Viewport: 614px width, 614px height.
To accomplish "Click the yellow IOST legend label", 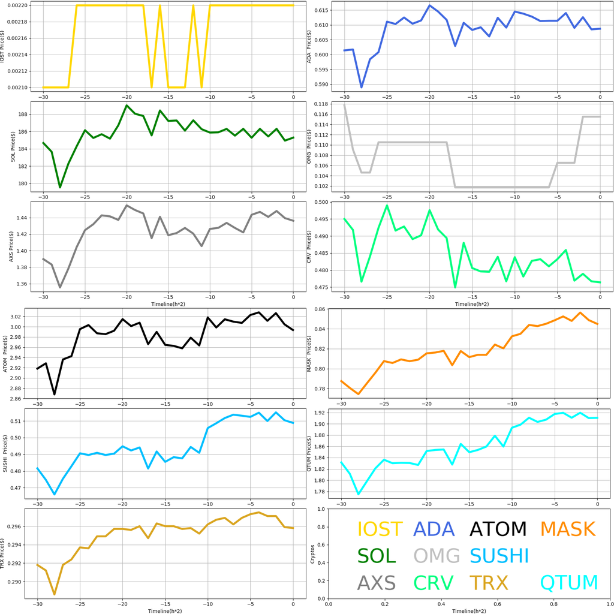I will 380,529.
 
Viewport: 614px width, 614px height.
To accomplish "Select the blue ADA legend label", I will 435,529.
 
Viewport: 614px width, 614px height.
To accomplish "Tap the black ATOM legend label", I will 498,529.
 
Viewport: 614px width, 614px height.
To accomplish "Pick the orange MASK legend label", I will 567,529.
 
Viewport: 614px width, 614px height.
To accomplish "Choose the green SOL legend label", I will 377,556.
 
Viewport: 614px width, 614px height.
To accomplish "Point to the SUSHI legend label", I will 499,556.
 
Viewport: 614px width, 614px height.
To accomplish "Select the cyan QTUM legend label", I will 569,582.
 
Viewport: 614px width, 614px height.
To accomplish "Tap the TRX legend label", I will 489,582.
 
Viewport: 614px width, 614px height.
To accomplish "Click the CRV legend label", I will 434,582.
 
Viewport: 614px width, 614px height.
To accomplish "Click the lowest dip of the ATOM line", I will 55,394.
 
